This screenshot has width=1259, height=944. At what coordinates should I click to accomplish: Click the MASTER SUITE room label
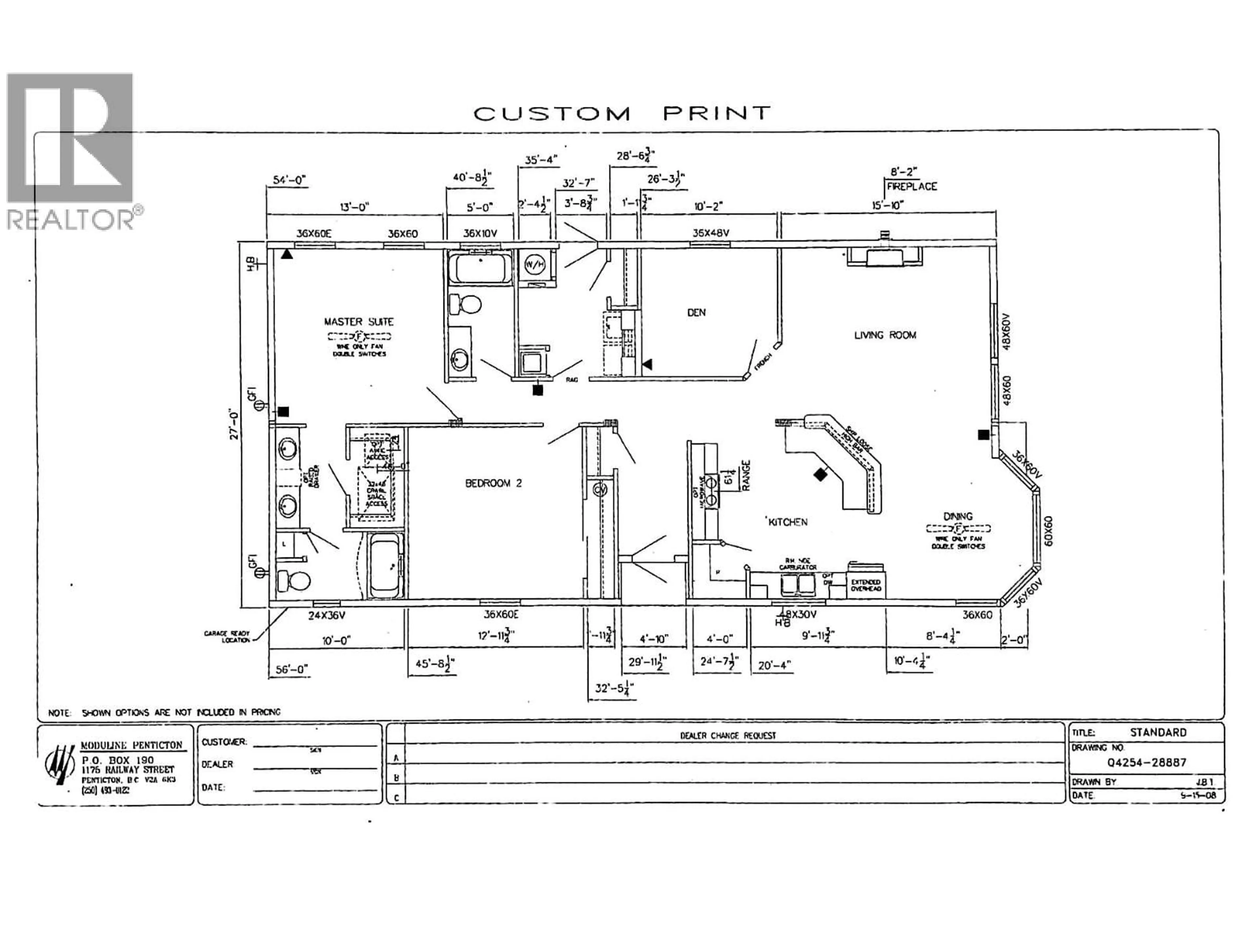359,322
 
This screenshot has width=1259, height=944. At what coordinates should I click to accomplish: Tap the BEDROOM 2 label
493,483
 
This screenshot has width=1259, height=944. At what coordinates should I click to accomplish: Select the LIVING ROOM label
885,335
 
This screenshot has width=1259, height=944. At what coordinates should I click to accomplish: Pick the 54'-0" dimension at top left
290,180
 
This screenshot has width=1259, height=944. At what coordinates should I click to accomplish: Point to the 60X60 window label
1049,530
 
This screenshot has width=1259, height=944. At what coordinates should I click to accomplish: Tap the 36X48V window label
711,233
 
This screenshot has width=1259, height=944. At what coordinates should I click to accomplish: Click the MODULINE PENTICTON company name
131,745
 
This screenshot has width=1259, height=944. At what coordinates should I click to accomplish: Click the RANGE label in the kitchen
746,475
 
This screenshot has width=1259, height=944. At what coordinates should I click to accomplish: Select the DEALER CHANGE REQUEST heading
728,735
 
